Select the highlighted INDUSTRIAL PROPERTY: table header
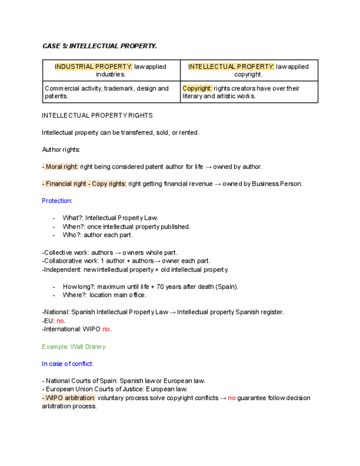pos(93,66)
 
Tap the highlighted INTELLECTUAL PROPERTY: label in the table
pos(231,66)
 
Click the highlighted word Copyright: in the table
pos(197,88)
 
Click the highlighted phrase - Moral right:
pos(60,167)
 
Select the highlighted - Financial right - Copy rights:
pos(84,184)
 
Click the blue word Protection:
pos(57,201)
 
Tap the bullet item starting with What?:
pos(110,218)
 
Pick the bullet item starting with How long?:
pos(151,286)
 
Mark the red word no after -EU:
pos(60,320)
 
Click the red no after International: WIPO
pos(107,329)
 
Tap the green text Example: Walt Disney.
pos(74,346)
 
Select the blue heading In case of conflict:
pos(68,363)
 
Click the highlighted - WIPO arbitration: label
pos(69,398)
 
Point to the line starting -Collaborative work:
pos(126,261)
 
